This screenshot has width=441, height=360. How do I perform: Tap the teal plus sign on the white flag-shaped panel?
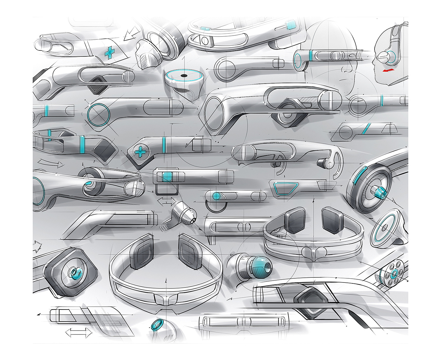[x=109, y=53]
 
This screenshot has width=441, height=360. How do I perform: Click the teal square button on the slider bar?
[x=167, y=177]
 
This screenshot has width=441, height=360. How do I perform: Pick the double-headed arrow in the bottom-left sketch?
[x=78, y=333]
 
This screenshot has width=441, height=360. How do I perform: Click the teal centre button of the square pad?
[x=76, y=272]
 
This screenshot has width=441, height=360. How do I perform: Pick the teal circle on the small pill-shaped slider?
[x=216, y=196]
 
